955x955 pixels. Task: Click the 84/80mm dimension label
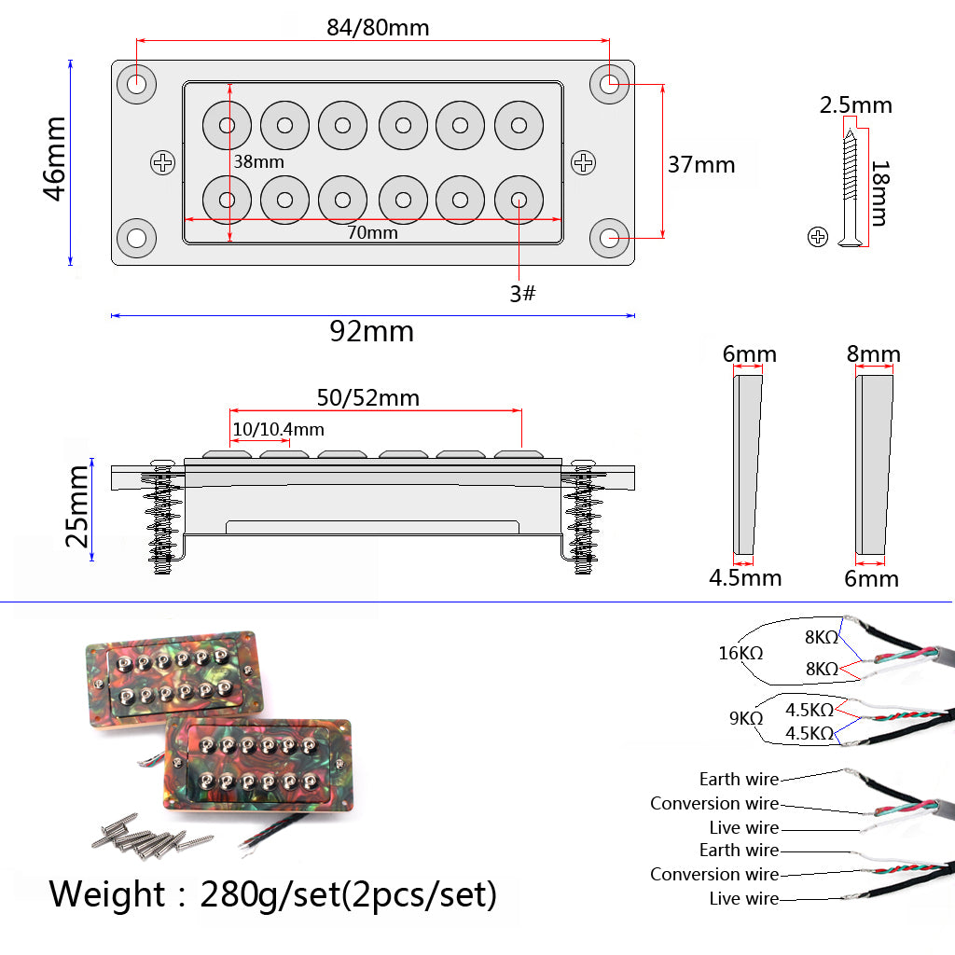(x=378, y=27)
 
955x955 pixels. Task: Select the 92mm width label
(x=371, y=331)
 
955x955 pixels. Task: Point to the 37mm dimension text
(x=701, y=165)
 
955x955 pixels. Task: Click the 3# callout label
(x=522, y=294)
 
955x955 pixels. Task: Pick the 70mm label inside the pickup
(x=372, y=233)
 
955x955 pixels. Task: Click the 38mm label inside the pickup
(x=258, y=161)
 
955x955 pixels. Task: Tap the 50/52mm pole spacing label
(x=367, y=398)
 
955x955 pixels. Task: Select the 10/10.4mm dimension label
(x=278, y=429)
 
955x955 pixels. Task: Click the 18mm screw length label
(x=879, y=193)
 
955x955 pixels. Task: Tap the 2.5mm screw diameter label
(x=855, y=105)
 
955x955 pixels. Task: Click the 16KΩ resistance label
(x=740, y=653)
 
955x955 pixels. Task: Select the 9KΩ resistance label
(x=746, y=719)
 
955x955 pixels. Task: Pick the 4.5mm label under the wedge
(x=745, y=578)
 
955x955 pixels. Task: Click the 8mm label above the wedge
(x=873, y=354)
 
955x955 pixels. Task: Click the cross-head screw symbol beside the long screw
(x=818, y=236)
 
